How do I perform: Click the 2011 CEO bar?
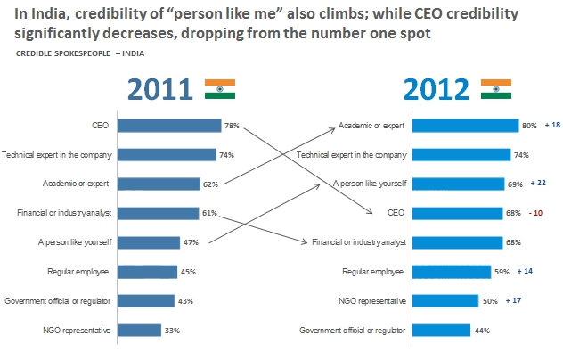[x=168, y=126]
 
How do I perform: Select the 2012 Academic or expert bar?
[x=465, y=126]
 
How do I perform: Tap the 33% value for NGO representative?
[x=173, y=331]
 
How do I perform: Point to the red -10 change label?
[x=537, y=213]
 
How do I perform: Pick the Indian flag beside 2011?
[x=219, y=88]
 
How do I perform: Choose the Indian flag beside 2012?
[x=495, y=88]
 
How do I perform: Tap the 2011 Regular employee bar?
[x=146, y=272]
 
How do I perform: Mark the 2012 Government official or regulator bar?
[x=440, y=330]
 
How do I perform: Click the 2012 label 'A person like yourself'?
[x=369, y=184]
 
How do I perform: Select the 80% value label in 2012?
[x=529, y=126]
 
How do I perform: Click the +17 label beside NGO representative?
[x=513, y=300]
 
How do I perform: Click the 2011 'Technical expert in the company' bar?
[x=167, y=155]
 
